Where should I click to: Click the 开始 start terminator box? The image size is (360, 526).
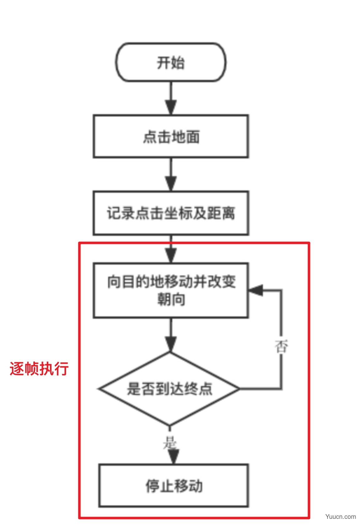point(171,62)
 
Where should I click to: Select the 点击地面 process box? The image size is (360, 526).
point(171,136)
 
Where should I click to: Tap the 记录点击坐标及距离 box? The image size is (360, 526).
point(171,213)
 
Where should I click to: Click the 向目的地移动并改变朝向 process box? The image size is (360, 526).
point(171,290)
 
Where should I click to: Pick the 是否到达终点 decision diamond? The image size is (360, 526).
point(169,389)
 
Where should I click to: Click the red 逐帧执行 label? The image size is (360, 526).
point(39,368)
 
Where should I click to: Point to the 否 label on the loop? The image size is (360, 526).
point(281,346)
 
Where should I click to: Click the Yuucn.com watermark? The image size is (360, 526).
point(341,516)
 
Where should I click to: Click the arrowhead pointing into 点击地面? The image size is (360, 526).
point(171,107)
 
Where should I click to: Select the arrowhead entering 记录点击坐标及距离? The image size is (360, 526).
point(171,184)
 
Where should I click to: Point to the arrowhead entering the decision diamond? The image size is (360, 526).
point(171,344)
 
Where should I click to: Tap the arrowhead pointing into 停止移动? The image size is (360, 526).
point(173,457)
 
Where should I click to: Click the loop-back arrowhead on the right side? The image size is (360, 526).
point(256,290)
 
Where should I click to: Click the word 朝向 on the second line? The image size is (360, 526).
point(171,300)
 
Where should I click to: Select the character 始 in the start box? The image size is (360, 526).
point(178,63)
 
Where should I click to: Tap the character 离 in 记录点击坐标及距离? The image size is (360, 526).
point(228,213)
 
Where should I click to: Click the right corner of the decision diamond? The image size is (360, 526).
point(240,389)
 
